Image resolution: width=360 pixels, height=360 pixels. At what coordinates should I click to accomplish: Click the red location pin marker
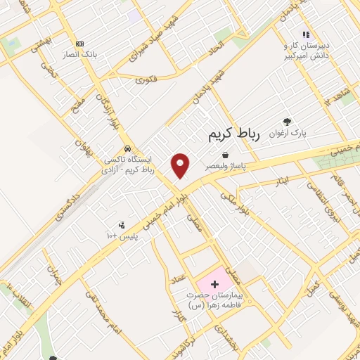[x=181, y=166]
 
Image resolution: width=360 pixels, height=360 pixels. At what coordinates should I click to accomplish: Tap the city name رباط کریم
[x=234, y=136]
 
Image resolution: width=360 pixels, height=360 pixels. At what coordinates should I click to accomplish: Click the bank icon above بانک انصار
[x=79, y=44]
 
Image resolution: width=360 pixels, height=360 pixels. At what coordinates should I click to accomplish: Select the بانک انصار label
[x=79, y=55]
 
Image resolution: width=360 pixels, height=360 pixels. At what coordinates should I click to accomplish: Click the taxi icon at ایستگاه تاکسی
[x=127, y=148]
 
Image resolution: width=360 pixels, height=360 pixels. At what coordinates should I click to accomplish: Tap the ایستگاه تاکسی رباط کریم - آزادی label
[x=127, y=165]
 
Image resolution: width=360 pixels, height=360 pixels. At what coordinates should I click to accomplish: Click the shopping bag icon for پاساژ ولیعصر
[x=225, y=155]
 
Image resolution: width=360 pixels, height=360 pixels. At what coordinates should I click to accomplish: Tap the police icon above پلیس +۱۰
[x=122, y=225]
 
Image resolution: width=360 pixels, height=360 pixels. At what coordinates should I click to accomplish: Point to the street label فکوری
[x=146, y=79]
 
